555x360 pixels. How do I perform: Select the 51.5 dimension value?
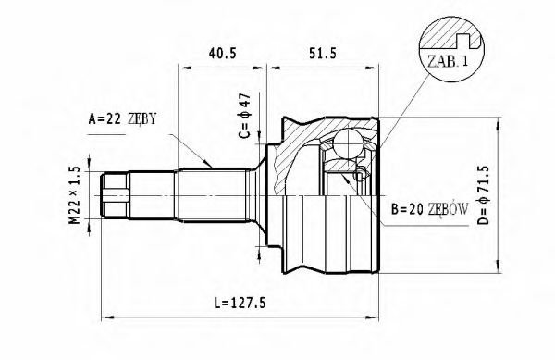click(x=320, y=54)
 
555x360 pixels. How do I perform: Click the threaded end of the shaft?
click(x=117, y=195)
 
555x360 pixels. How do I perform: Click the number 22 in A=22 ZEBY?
click(x=115, y=119)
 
